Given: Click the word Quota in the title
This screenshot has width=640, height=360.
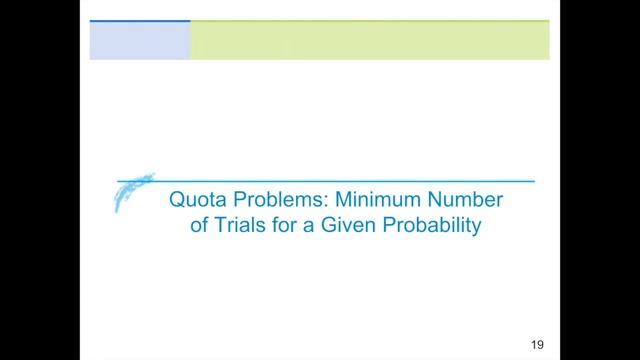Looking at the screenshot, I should pyautogui.click(x=197, y=202).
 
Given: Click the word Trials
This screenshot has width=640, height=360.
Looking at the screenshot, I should pyautogui.click(x=237, y=226).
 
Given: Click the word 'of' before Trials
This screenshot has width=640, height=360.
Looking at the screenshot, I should pyautogui.click(x=199, y=226).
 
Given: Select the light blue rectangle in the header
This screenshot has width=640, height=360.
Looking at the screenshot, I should pyautogui.click(x=140, y=41).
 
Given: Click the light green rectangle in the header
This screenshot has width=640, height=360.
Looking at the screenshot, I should pyautogui.click(x=370, y=41).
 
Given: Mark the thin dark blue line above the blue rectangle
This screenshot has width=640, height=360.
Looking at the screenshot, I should pyautogui.click(x=140, y=21).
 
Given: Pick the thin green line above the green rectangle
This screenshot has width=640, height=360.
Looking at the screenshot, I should pyautogui.click(x=370, y=21).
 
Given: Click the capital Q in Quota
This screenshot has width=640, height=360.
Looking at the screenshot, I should pyautogui.click(x=176, y=202).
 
